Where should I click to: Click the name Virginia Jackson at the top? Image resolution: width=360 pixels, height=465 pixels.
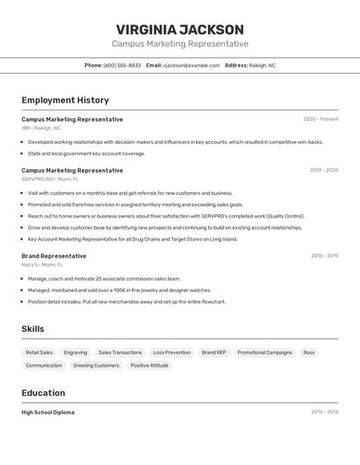[180, 30]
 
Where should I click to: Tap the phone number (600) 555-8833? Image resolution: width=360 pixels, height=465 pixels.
[122, 65]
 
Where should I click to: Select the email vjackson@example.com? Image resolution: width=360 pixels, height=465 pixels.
[191, 65]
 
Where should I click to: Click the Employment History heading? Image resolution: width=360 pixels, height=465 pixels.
[65, 100]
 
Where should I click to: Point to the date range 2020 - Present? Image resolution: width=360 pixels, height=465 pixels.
[320, 119]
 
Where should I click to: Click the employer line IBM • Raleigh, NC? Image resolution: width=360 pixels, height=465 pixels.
[41, 128]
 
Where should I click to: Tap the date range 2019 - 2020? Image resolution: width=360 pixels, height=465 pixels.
[323, 170]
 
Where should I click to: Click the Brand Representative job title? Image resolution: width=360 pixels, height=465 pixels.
[54, 256]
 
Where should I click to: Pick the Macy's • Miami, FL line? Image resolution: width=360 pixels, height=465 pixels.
[42, 264]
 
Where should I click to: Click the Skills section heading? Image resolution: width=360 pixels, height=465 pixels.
[33, 329]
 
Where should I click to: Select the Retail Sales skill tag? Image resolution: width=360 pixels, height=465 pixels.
[40, 353]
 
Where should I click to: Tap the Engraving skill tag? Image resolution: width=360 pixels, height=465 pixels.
[76, 353]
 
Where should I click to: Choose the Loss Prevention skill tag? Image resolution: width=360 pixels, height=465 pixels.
[171, 353]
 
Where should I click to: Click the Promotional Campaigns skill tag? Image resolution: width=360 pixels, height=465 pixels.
[264, 353]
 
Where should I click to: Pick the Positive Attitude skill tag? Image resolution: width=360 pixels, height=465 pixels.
[149, 366]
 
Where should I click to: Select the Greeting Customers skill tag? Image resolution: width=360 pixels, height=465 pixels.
[96, 366]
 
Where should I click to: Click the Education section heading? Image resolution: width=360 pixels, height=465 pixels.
[43, 393]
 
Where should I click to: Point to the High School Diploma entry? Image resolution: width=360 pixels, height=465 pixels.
[47, 412]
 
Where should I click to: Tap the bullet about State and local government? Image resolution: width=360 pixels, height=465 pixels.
[86, 154]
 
